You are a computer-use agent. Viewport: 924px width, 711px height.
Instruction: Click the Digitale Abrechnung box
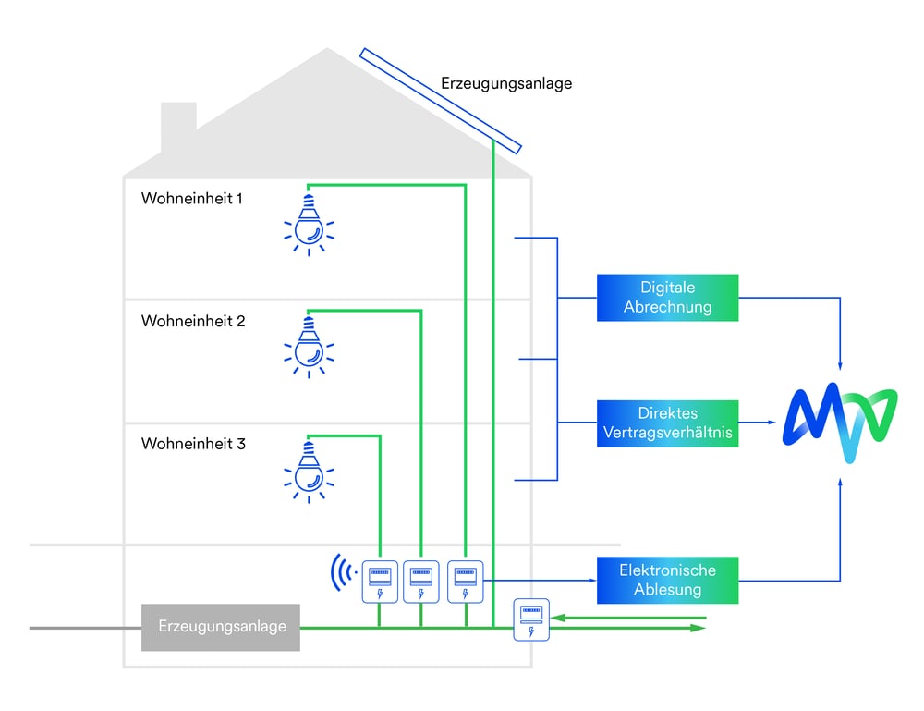click(667, 298)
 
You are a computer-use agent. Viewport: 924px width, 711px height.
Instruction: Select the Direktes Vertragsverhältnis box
click(667, 423)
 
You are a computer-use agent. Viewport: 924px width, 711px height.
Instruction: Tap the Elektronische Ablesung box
click(667, 581)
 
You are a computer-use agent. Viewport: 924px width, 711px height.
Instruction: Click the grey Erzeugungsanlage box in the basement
click(221, 627)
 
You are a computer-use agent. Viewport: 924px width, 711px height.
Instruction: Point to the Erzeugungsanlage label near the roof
click(506, 83)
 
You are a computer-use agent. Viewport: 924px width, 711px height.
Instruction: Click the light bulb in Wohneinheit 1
click(309, 222)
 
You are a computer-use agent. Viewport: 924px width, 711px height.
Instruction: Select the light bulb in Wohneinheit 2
click(309, 345)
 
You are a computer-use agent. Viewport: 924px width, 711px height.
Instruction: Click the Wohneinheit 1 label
click(192, 198)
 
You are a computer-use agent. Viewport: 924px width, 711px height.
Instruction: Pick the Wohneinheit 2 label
click(192, 321)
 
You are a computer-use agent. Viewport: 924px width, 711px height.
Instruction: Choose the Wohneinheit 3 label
click(192, 444)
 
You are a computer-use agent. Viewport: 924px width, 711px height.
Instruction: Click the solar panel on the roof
click(441, 101)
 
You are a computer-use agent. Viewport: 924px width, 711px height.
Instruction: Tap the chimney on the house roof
click(178, 127)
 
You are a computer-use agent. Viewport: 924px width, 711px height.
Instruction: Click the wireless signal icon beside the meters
click(344, 573)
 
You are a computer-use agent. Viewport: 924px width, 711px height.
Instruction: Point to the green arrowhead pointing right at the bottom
click(700, 628)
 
